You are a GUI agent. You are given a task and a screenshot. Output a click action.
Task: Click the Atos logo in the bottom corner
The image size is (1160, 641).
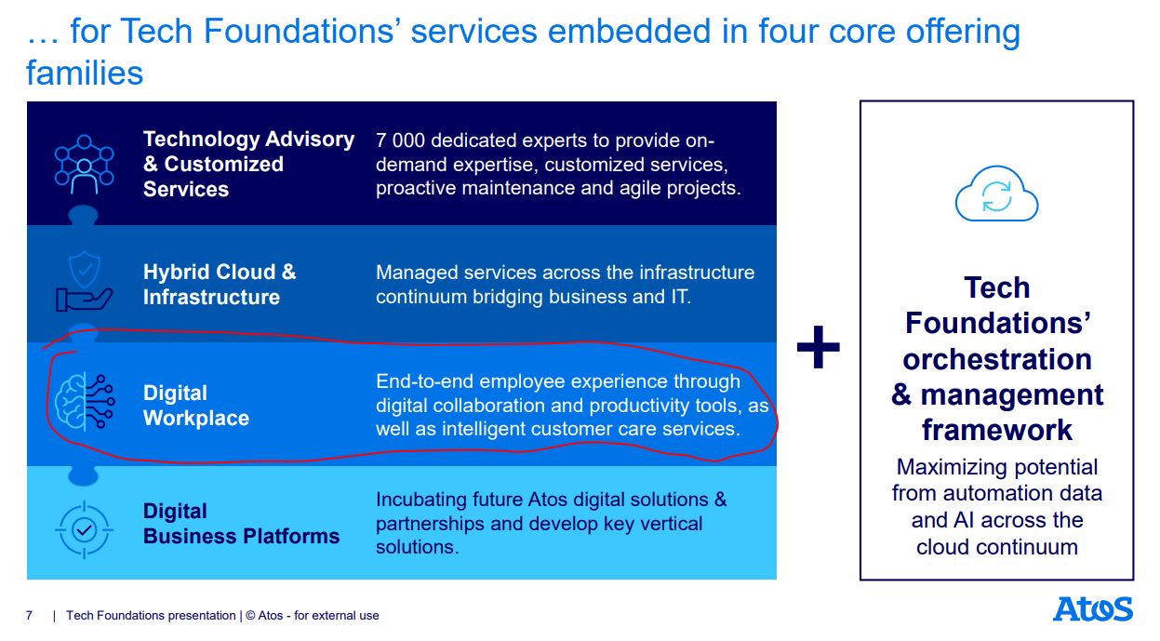1093,609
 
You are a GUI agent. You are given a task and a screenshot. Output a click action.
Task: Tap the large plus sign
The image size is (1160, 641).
819,347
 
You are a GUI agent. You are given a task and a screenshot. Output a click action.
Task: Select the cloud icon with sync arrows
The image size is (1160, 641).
996,194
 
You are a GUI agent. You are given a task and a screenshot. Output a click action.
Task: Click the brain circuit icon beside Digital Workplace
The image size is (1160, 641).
85,402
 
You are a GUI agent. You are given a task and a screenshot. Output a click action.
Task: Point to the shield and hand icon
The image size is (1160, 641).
84,282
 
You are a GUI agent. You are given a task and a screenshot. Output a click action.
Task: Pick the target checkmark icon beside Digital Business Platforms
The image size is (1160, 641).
84,529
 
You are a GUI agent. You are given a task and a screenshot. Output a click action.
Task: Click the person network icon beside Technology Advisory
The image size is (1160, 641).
84,165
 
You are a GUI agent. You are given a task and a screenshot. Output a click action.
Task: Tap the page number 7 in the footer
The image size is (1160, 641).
29,616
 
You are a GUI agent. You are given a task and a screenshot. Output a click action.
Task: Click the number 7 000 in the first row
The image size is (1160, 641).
400,140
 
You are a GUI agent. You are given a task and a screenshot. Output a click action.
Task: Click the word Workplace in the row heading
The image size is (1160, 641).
196,418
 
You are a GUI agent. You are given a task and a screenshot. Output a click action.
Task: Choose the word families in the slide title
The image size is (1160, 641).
85,73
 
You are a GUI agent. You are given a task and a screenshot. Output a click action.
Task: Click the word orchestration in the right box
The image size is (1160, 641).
997,359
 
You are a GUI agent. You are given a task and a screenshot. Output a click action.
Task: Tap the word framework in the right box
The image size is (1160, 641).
997,430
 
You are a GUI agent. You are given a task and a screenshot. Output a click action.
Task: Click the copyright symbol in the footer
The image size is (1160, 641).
250,616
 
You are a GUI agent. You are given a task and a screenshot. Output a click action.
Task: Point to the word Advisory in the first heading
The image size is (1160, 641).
310,140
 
